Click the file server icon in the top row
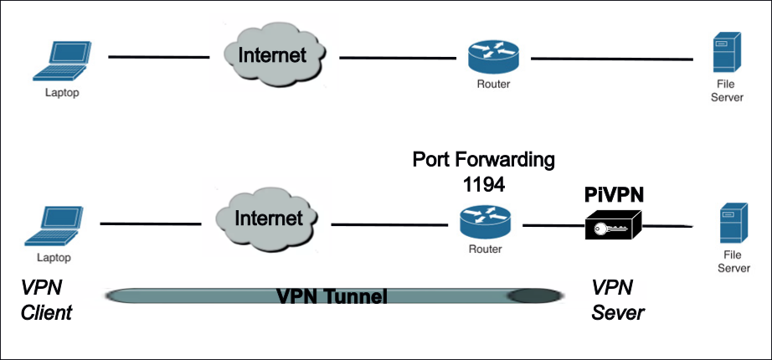[722, 54]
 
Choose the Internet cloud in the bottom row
[267, 219]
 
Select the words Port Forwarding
[484, 160]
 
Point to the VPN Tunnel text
[332, 296]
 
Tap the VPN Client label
[47, 301]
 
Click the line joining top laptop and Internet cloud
[158, 57]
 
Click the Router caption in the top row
[492, 85]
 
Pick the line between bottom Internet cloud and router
[390, 225]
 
